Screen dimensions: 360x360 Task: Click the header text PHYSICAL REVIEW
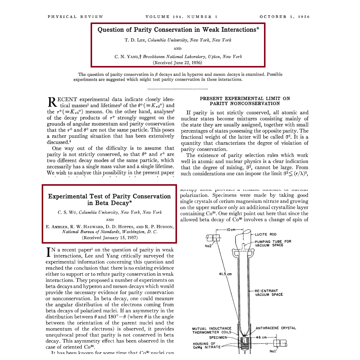tap(75, 17)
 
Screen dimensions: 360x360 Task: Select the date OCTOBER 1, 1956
tap(284, 17)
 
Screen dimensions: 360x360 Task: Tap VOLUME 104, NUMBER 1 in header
tap(181, 17)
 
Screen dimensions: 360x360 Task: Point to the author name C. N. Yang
tap(126, 56)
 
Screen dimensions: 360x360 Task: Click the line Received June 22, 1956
tap(178, 63)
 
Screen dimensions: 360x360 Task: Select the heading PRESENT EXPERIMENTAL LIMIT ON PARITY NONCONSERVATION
tap(245, 101)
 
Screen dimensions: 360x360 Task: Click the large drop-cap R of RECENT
tap(52, 102)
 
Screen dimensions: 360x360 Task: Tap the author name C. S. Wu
tap(67, 212)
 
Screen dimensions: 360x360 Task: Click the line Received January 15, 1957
tap(110, 238)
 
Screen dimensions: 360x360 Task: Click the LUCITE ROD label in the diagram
tap(266, 234)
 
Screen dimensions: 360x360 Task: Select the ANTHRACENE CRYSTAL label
tap(276, 328)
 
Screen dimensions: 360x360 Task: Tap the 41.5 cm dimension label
tap(225, 274)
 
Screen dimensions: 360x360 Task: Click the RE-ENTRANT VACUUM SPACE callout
tap(269, 293)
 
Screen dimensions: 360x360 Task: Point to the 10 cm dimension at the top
tap(231, 230)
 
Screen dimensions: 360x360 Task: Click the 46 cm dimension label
tap(261, 337)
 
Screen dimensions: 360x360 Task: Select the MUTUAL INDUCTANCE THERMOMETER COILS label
tap(212, 330)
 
